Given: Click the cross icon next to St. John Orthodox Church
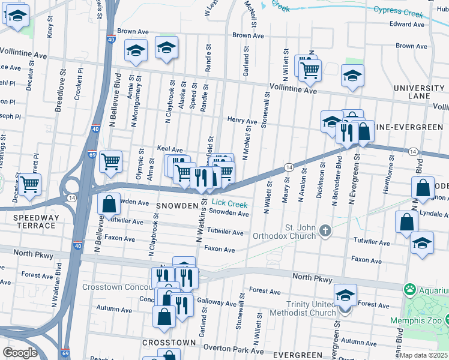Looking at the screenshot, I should (x=325, y=230).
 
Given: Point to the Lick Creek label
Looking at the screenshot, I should (x=229, y=203).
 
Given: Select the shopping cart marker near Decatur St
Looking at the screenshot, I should (x=29, y=184).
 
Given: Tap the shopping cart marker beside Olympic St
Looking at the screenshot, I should (x=110, y=161).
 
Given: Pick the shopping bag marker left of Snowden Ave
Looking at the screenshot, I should (x=109, y=204).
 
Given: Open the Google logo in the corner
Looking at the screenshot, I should (x=20, y=353).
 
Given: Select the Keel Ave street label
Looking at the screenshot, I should (x=169, y=149).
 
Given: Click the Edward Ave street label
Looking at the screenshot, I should (x=407, y=24).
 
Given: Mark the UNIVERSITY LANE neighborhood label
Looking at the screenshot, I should (x=418, y=92).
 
